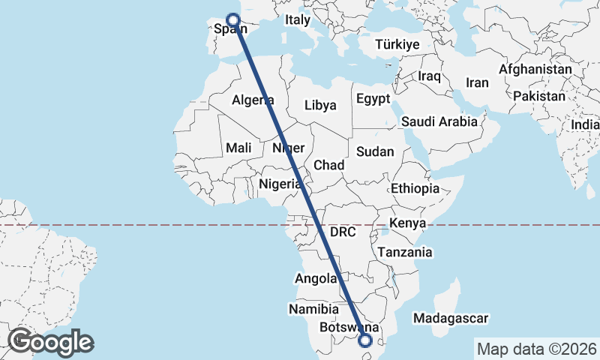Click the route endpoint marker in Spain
click(232, 20)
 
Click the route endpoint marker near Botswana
click(365, 341)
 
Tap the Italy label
click(298, 21)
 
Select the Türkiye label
click(397, 45)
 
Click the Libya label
click(320, 105)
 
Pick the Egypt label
click(373, 99)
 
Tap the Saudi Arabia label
click(439, 121)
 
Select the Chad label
click(328, 165)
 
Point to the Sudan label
click(375, 151)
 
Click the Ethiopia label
click(415, 189)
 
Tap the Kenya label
click(407, 223)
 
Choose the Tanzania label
click(405, 253)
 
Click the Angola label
click(316, 279)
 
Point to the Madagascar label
click(454, 319)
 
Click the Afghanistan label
click(535, 69)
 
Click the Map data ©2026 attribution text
click(537, 349)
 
